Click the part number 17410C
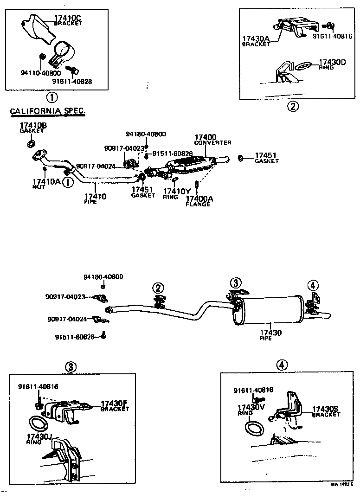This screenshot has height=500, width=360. tap(67, 18)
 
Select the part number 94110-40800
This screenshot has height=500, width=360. tap(41, 73)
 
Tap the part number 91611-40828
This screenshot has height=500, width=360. tap(72, 81)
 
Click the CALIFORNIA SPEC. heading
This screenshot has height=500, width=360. tap(48, 111)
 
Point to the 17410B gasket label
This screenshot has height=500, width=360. tap(33, 126)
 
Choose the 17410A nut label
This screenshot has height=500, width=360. tap(46, 181)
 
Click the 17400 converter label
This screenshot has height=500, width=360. tap(205, 137)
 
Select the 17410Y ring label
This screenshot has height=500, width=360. tap(177, 191)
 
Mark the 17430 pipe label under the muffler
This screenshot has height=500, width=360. tap(270, 333)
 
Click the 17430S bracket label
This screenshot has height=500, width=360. tap(326, 409)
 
